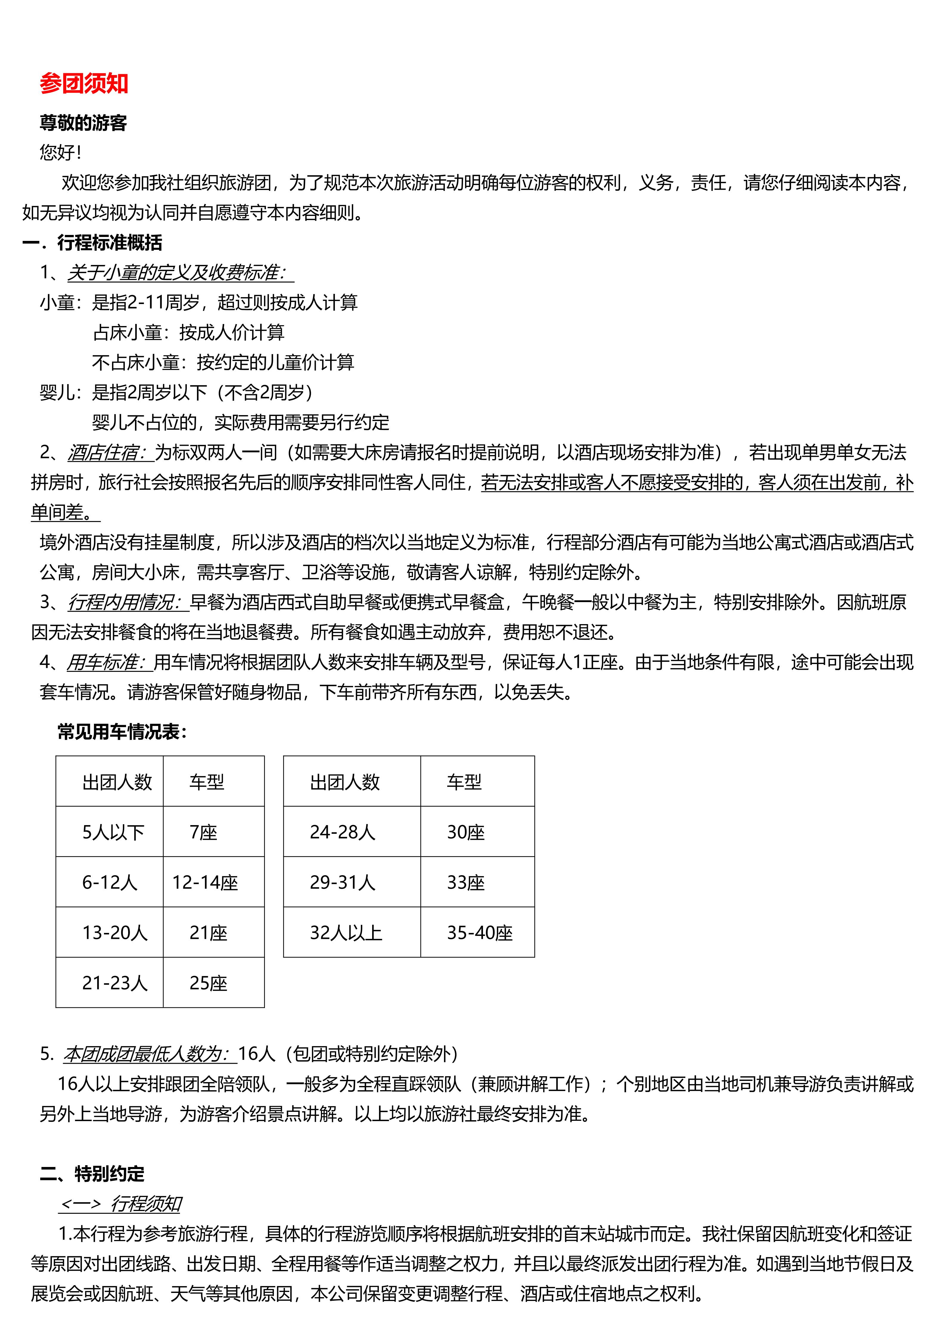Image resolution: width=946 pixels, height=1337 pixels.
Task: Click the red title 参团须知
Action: pyautogui.click(x=84, y=84)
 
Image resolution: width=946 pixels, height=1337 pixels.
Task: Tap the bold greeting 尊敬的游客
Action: pyautogui.click(x=83, y=123)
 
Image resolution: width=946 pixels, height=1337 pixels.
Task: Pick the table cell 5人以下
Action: pyautogui.click(x=113, y=832)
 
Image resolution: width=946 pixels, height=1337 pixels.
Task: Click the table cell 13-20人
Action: pyautogui.click(x=114, y=932)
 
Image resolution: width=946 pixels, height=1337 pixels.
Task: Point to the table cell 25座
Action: pyautogui.click(x=208, y=983)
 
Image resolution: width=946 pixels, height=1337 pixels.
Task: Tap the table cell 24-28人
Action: pyautogui.click(x=343, y=832)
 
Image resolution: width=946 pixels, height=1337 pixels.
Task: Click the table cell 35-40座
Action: pyautogui.click(x=479, y=932)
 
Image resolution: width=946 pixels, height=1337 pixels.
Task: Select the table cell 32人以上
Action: pyautogui.click(x=346, y=932)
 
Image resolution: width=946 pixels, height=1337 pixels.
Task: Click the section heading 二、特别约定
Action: pyautogui.click(x=92, y=1173)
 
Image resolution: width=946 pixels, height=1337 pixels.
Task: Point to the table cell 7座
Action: pyautogui.click(x=203, y=832)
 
